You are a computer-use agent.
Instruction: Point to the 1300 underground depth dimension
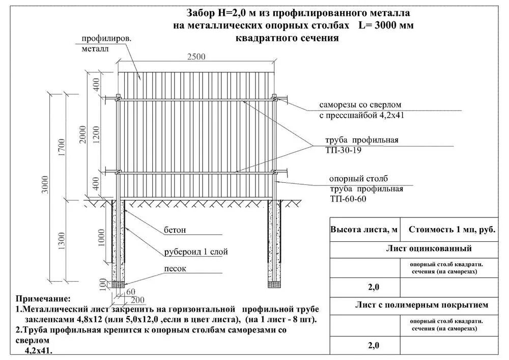click(61, 240)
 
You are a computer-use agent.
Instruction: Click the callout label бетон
click(175, 230)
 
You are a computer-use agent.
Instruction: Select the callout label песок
click(175, 268)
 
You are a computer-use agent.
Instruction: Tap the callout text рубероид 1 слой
click(195, 252)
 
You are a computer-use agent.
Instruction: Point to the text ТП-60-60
click(347, 199)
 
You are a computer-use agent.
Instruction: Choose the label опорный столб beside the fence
click(358, 179)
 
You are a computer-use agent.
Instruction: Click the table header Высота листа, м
click(364, 230)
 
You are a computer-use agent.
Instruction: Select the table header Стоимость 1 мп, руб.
click(451, 230)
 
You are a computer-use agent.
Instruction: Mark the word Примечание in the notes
click(43, 298)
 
